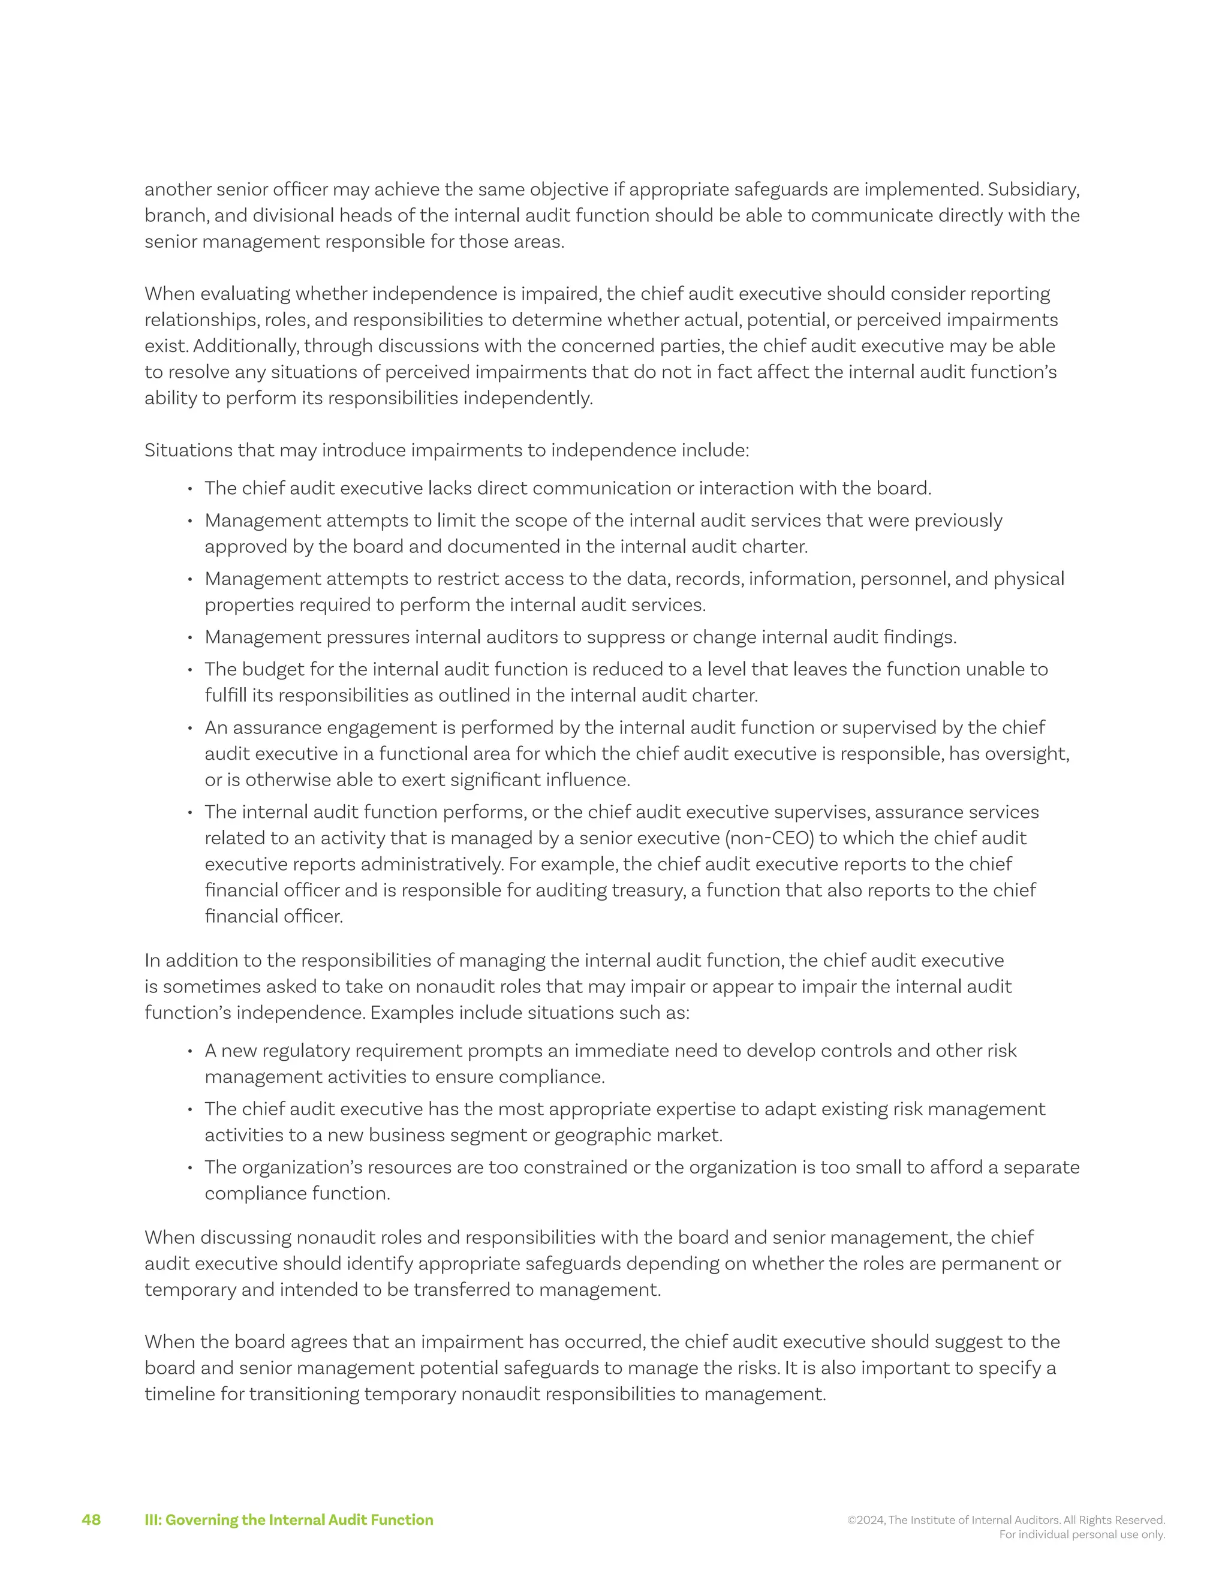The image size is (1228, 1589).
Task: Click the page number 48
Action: pyautogui.click(x=91, y=1520)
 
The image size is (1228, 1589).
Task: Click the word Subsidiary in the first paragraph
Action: pyautogui.click(x=1033, y=190)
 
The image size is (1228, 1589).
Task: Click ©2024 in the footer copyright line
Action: pyautogui.click(x=866, y=1520)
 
